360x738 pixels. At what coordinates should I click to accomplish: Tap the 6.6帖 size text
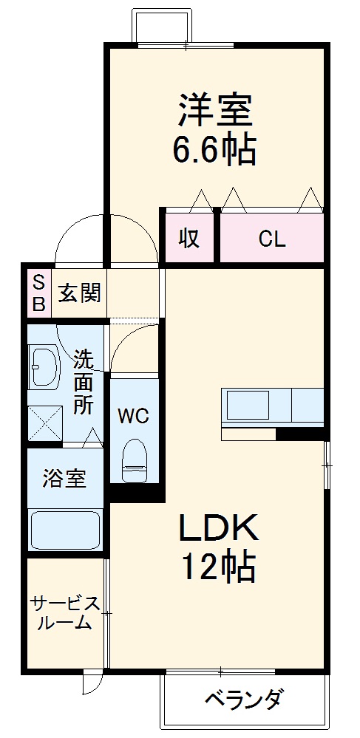[215, 151]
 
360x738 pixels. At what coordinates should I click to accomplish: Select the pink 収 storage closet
[189, 239]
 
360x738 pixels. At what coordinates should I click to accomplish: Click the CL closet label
[271, 239]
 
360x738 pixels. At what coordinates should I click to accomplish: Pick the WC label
[135, 414]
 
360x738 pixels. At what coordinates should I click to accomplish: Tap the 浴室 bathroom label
[64, 479]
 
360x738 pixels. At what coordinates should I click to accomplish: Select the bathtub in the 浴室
[65, 528]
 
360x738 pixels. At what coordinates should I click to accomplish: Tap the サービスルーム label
[64, 613]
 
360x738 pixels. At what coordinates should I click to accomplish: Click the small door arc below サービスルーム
[89, 681]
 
